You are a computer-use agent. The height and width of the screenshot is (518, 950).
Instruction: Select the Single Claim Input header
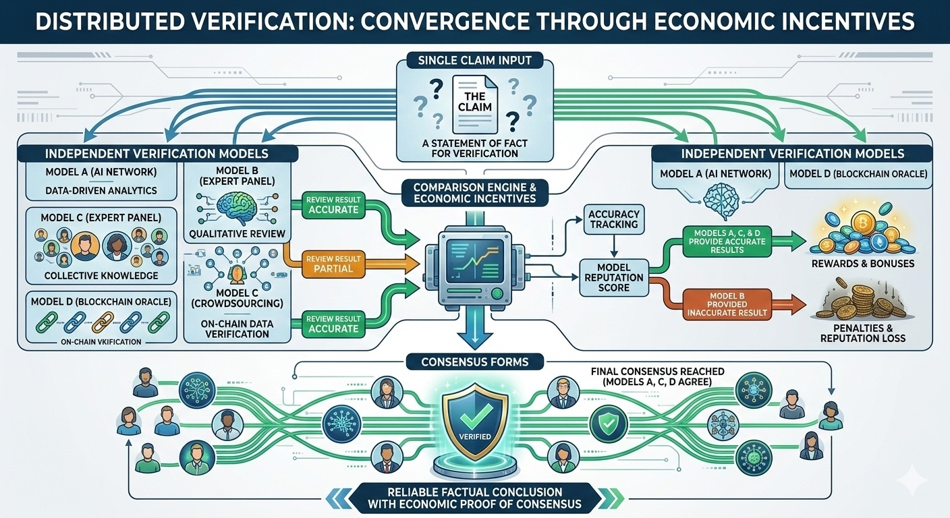474,61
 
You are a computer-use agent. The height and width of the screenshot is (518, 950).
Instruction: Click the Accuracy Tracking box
614,221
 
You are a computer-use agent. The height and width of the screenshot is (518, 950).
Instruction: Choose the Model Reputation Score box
614,278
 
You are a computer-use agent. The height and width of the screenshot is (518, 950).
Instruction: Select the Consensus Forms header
474,362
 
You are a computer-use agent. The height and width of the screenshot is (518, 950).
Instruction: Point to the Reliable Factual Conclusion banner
474,498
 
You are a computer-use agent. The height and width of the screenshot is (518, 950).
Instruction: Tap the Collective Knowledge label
101,275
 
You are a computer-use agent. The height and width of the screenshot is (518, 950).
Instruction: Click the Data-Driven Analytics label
101,191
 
